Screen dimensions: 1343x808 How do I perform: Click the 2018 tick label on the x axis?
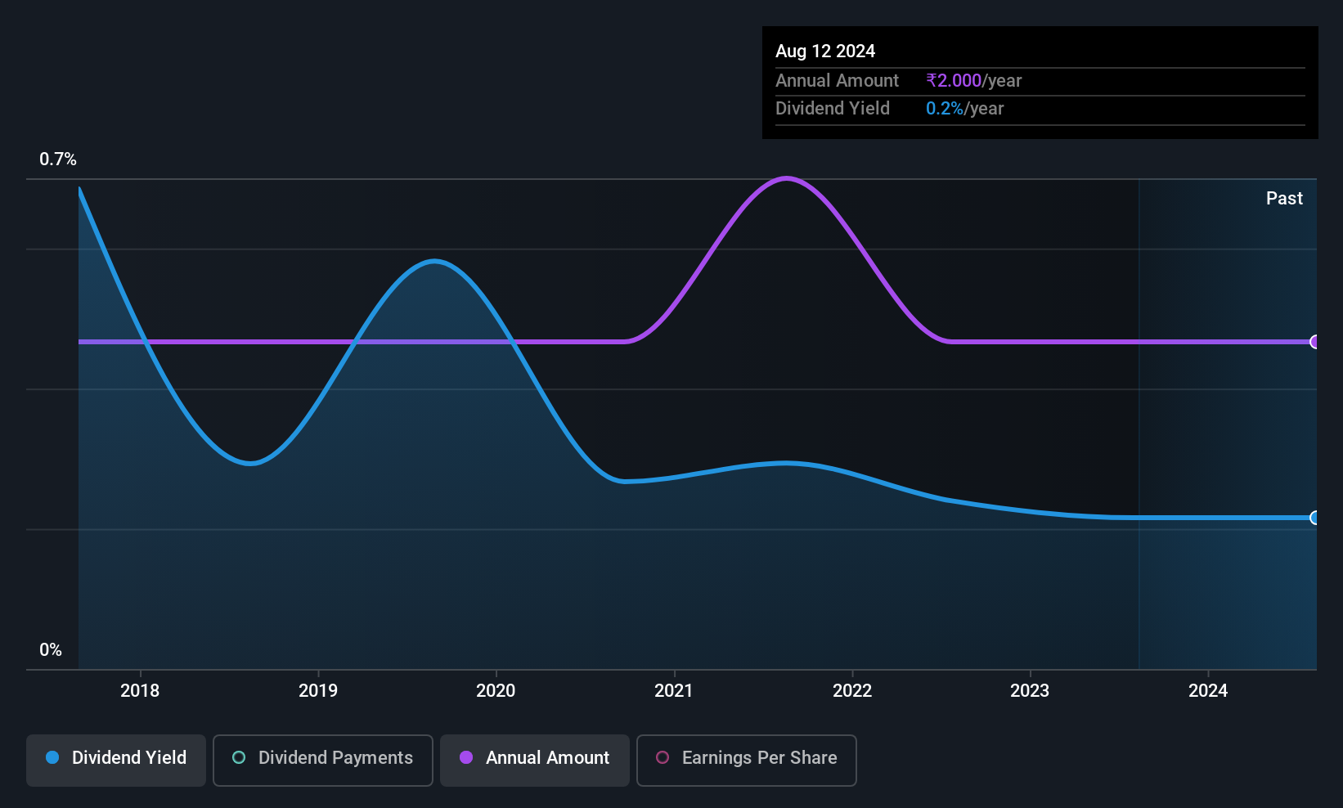point(140,690)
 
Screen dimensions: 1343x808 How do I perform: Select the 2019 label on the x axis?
point(318,690)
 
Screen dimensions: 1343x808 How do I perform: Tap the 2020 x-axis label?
point(496,690)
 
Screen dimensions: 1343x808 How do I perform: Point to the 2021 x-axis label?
point(674,690)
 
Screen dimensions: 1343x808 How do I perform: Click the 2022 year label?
point(852,690)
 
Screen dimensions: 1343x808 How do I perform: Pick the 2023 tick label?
point(1030,690)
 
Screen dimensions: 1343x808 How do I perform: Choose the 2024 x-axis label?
point(1208,690)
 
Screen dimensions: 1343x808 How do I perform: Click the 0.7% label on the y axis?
point(57,159)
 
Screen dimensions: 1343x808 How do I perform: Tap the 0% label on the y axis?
point(51,650)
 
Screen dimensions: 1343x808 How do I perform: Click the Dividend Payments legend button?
point(322,760)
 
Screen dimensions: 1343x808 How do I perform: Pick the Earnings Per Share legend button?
point(747,760)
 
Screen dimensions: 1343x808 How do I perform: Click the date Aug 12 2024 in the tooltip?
point(825,52)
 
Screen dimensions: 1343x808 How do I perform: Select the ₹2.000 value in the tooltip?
point(954,80)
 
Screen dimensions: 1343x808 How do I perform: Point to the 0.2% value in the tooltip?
point(945,109)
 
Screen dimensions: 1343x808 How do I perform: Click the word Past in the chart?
point(1284,199)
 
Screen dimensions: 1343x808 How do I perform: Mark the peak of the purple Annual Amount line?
point(786,178)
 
